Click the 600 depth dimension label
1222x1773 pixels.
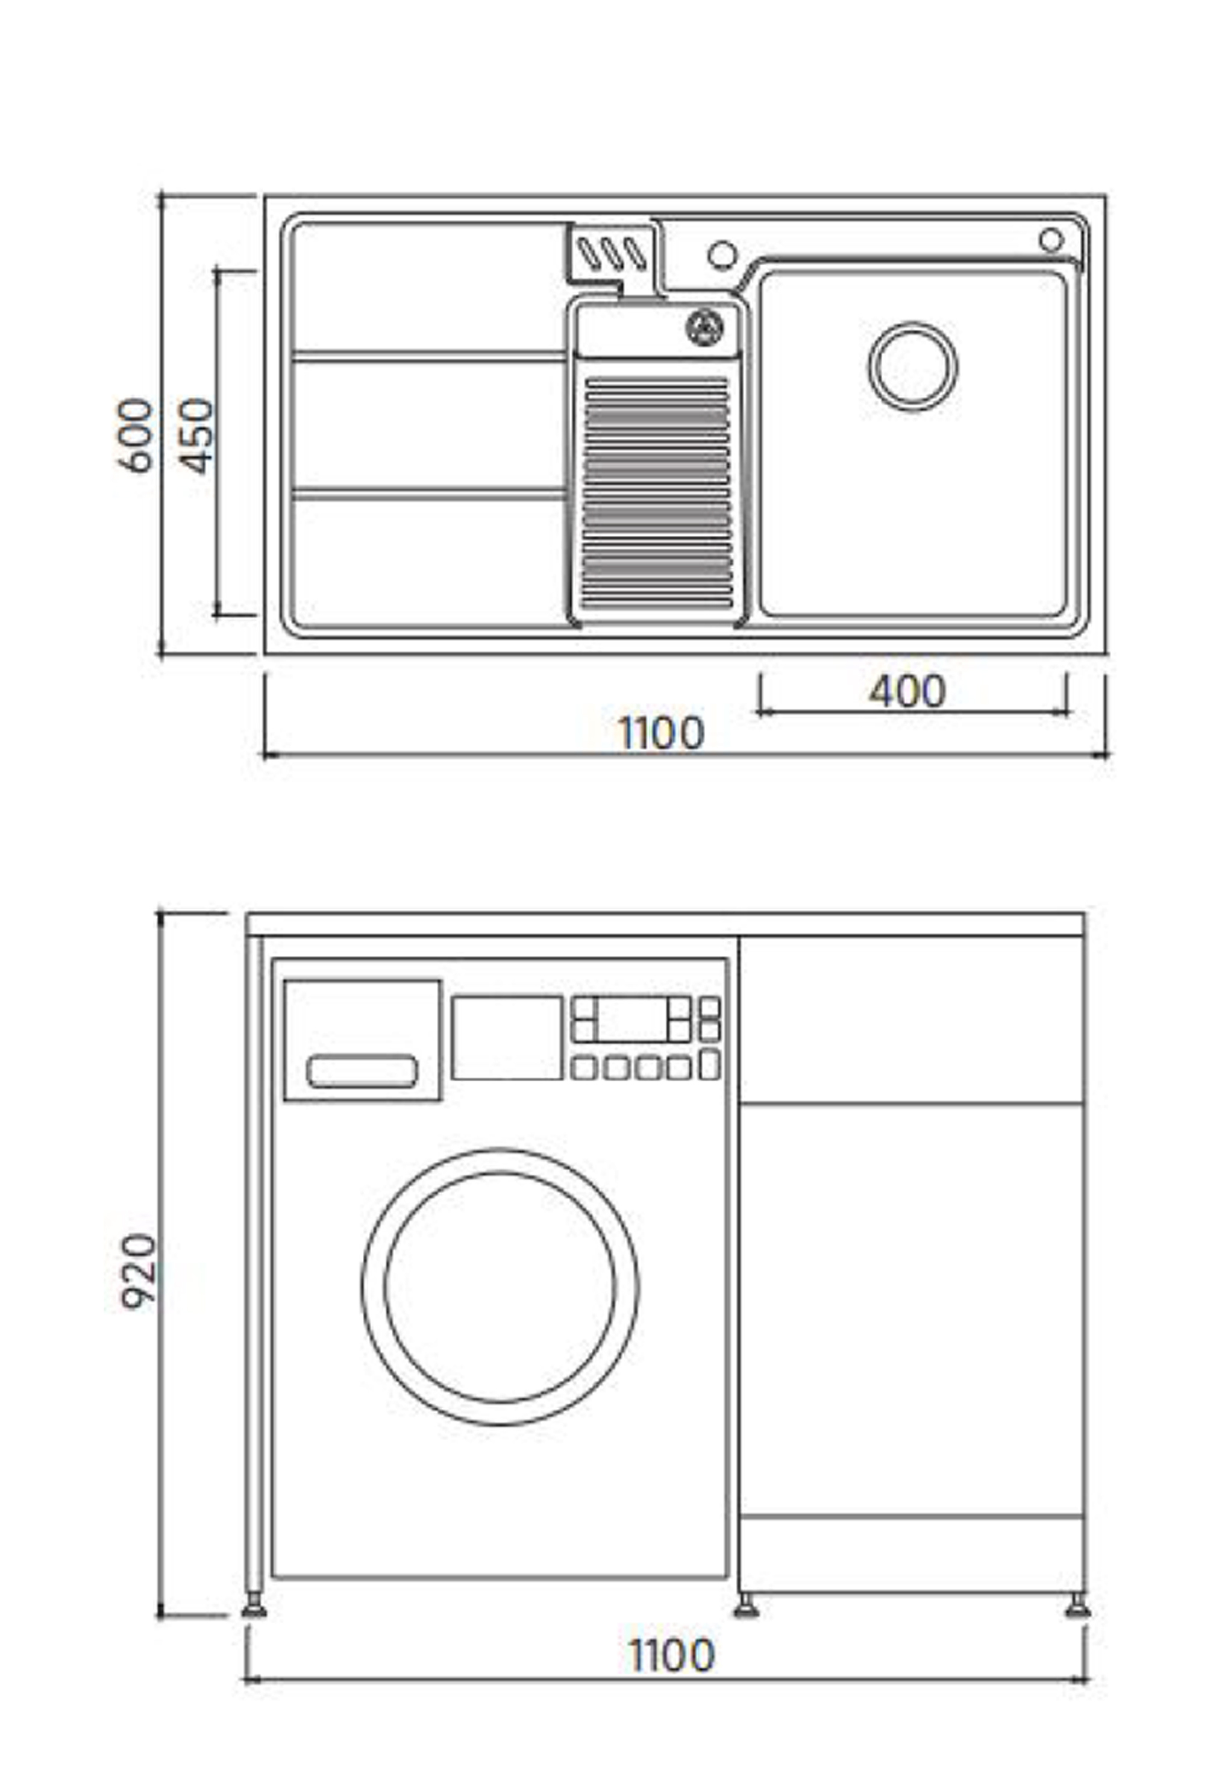[x=136, y=436]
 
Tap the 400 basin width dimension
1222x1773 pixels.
[x=907, y=691]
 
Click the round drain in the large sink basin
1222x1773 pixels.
[x=913, y=366]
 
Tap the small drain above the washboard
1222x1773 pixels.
[x=704, y=327]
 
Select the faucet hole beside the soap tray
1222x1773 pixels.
[x=722, y=254]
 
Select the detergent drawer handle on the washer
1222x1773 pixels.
[x=362, y=1071]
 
